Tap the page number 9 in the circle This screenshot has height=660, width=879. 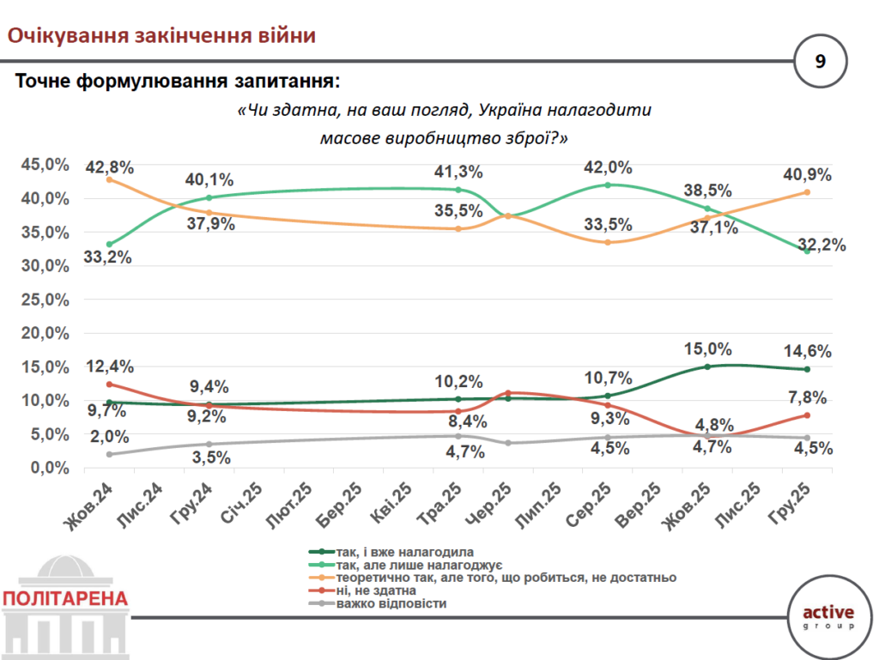click(821, 62)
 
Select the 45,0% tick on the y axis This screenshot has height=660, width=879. click(45, 165)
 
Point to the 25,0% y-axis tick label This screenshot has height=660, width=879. click(45, 300)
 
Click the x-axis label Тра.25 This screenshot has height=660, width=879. click(443, 503)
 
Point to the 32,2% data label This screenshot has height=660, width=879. click(822, 245)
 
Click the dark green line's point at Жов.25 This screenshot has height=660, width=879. click(707, 366)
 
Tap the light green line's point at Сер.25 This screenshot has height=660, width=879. click(608, 185)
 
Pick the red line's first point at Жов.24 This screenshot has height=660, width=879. click(109, 384)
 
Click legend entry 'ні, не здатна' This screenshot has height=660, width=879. click(377, 590)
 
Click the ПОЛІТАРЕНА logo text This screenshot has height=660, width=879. click(66, 599)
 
